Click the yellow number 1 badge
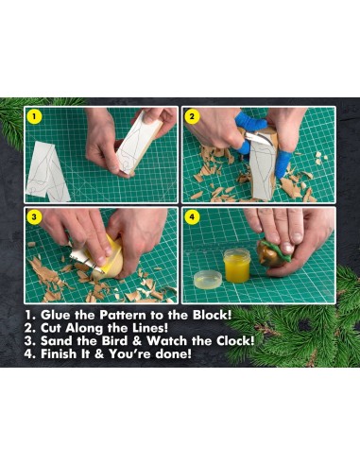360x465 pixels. [x=35, y=118]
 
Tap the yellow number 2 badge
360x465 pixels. [x=192, y=118]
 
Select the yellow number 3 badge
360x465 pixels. [x=35, y=217]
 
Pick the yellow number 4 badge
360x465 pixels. [x=192, y=217]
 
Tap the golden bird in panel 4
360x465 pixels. [x=268, y=253]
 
